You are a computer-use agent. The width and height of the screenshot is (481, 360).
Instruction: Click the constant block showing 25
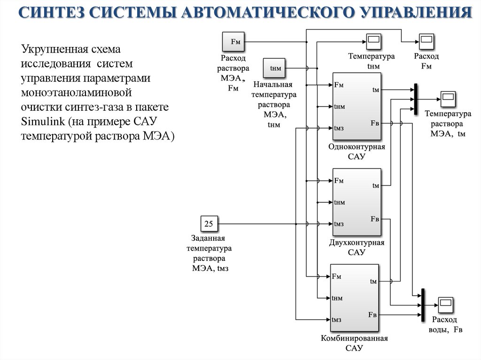(209, 224)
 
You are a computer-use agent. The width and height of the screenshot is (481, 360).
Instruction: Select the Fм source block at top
(235, 42)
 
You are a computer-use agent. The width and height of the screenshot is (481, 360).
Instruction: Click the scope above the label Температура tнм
(374, 42)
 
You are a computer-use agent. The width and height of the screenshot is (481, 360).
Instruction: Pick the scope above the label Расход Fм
(427, 42)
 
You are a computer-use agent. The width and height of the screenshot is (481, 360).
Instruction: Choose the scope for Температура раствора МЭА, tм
(448, 99)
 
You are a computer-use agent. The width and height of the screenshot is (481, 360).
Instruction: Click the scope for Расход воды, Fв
(444, 305)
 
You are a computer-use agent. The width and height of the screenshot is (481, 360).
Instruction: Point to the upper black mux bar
(416, 99)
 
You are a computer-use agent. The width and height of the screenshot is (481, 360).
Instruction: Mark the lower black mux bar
(422, 305)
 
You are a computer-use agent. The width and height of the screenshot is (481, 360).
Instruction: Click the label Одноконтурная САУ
(357, 152)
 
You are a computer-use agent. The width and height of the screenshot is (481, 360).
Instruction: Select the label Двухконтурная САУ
(357, 247)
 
